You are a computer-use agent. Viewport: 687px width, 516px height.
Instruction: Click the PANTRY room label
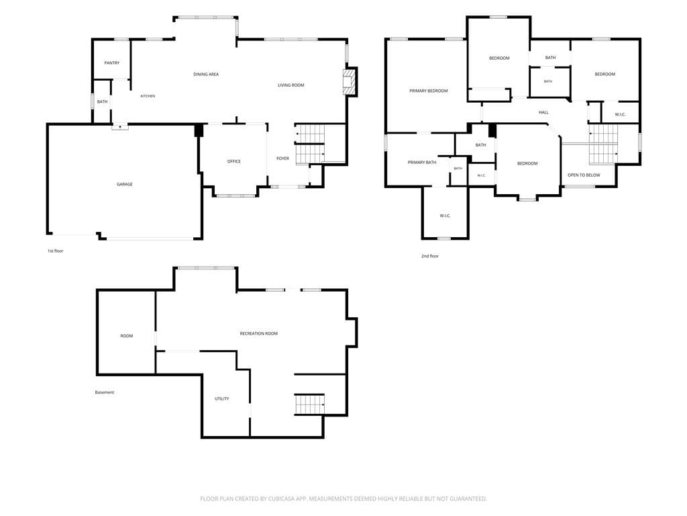tap(112, 63)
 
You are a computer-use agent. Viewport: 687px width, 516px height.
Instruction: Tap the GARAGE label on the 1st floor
tap(124, 184)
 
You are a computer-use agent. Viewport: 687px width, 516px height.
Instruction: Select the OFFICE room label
tap(234, 161)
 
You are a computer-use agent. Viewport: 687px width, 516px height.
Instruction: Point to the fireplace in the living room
tap(348, 81)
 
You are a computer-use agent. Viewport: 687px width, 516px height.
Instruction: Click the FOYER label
tap(282, 159)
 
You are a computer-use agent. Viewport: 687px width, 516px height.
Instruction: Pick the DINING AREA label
tap(206, 75)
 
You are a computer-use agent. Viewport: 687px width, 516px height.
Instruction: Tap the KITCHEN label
tap(148, 96)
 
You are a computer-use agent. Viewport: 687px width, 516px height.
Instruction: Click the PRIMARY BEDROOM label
tap(429, 91)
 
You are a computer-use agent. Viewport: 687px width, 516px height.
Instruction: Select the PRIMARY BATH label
tap(422, 163)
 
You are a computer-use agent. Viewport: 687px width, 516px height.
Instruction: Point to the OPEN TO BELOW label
tap(584, 175)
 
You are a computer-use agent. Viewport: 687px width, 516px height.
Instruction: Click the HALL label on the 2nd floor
tap(543, 112)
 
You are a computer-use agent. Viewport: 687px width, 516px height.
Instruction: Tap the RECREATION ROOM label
tap(259, 333)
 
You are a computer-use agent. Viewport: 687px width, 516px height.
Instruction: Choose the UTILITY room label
tap(221, 399)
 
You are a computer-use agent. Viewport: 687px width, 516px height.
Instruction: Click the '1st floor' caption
tap(56, 251)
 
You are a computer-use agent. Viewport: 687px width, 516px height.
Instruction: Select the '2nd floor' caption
tap(430, 256)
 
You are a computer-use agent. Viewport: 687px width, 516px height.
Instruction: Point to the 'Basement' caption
tap(105, 392)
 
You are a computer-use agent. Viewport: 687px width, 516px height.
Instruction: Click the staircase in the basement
tap(309, 404)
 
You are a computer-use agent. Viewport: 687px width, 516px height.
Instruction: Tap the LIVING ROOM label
tap(291, 85)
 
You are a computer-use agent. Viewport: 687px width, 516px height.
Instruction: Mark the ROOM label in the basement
tap(127, 336)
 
